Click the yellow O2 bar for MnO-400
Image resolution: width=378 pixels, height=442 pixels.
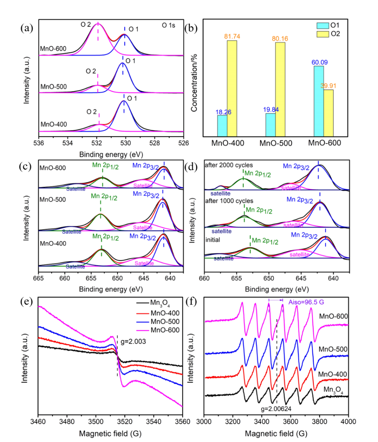point(232,88)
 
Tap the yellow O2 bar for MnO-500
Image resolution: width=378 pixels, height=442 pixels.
point(280,89)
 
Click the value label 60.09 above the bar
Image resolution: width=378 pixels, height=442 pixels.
point(319,62)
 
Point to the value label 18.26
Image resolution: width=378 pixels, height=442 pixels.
point(223,112)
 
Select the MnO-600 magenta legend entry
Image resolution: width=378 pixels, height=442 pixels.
point(158,330)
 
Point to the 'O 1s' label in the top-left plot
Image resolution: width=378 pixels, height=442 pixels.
point(168,25)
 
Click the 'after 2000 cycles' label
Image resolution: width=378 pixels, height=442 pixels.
point(229,165)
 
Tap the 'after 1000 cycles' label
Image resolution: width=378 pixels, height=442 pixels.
point(229,201)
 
